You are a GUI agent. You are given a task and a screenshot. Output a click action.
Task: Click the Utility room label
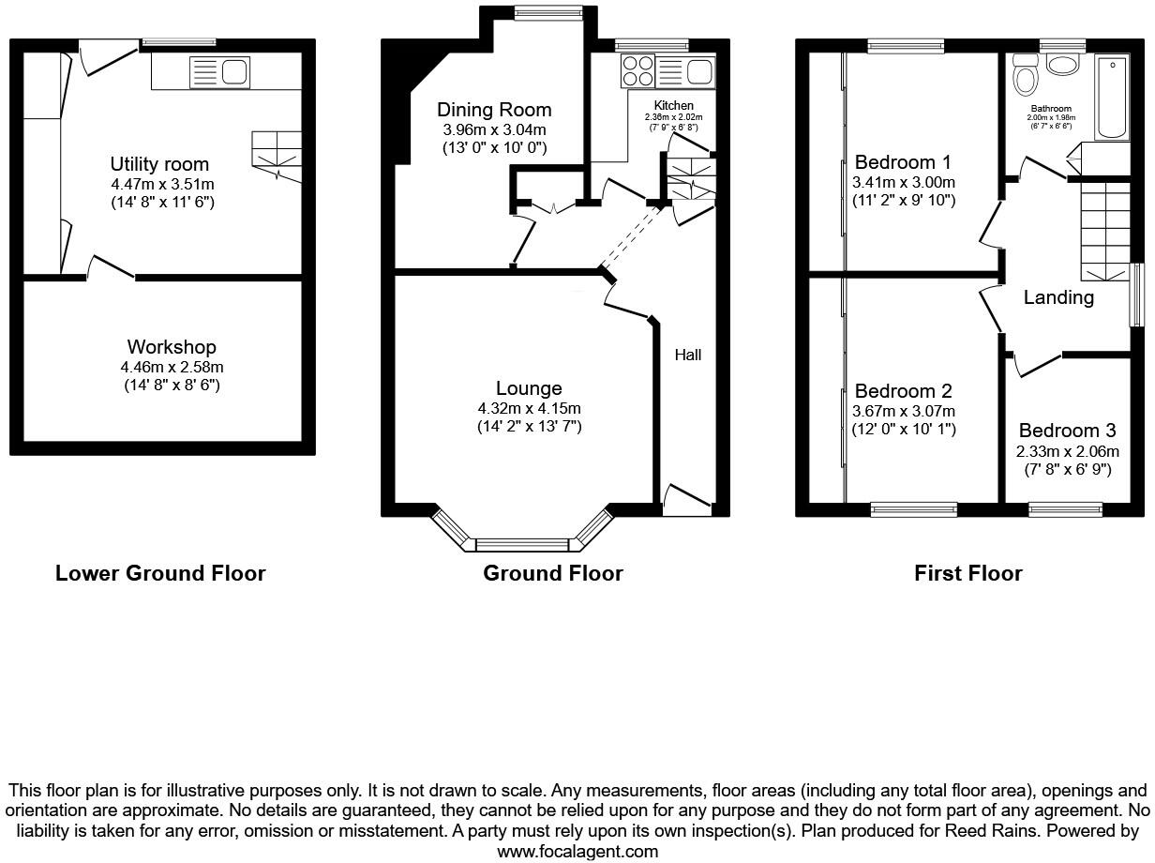pyautogui.click(x=159, y=164)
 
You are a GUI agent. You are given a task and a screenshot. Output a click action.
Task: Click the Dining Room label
pyautogui.click(x=494, y=110)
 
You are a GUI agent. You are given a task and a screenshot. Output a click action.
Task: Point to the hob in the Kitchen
pyautogui.click(x=637, y=70)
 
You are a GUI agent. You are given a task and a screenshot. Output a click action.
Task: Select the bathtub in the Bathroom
pyautogui.click(x=1111, y=96)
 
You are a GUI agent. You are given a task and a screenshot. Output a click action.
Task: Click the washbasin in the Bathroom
pyautogui.click(x=1062, y=65)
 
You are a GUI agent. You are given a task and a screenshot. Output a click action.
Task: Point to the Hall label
pyautogui.click(x=687, y=355)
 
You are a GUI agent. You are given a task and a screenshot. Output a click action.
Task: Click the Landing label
pyautogui.click(x=1058, y=297)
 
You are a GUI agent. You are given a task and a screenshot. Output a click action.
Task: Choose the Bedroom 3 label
pyautogui.click(x=1067, y=431)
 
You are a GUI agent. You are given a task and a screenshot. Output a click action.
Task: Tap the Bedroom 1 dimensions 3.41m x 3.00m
pyautogui.click(x=904, y=182)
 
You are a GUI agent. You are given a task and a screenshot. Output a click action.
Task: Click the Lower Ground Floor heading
pyautogui.click(x=160, y=573)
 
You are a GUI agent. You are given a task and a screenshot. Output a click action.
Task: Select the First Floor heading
pyautogui.click(x=967, y=573)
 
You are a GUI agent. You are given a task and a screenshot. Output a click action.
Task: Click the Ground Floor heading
pyautogui.click(x=552, y=573)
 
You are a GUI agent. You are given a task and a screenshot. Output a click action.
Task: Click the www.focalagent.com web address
pyautogui.click(x=577, y=852)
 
